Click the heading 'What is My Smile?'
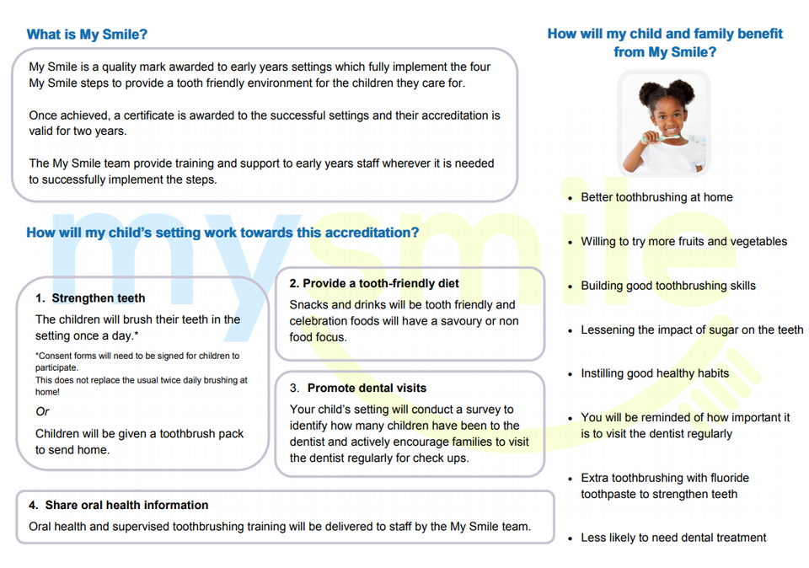coord(87,35)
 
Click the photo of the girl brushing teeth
coord(664,123)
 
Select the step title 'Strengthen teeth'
coord(98,298)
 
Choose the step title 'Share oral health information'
coord(126,506)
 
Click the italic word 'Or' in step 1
coord(42,412)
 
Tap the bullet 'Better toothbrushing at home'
coord(656,197)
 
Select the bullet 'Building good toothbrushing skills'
coord(667,286)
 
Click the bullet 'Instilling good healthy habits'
coord(655,373)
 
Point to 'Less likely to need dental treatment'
coord(673,538)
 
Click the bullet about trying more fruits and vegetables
coord(683,242)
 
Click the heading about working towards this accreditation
coord(222,233)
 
